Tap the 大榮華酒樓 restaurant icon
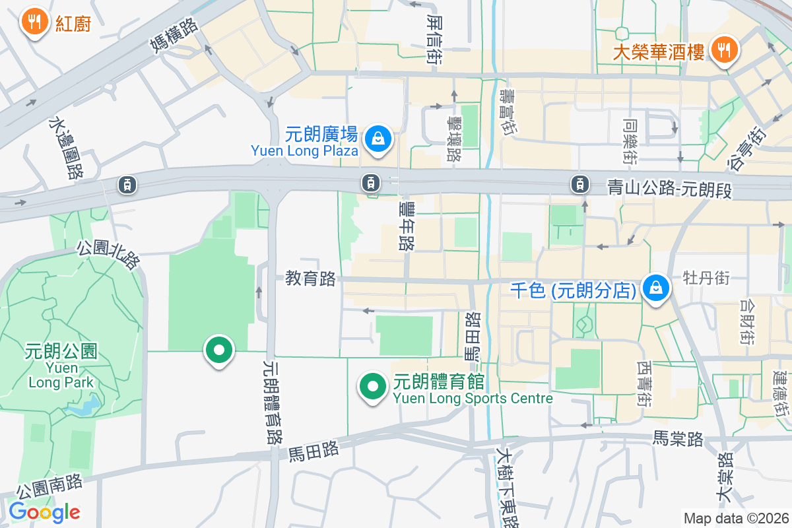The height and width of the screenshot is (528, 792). point(724,50)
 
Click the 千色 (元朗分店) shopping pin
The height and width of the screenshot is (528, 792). point(657,289)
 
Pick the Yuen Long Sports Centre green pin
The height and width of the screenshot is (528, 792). point(372,386)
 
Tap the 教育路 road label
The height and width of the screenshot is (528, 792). point(310,279)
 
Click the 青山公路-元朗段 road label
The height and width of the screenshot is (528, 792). point(670,189)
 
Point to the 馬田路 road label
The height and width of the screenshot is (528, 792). point(314,451)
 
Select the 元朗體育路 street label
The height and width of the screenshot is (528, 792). point(273,401)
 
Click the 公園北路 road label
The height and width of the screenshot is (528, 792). point(109,255)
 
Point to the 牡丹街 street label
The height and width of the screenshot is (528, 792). point(706,277)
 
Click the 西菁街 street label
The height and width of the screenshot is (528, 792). point(645,383)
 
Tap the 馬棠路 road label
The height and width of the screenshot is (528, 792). point(678,438)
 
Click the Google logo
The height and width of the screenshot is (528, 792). point(44,512)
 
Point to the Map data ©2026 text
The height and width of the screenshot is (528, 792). point(736,518)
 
